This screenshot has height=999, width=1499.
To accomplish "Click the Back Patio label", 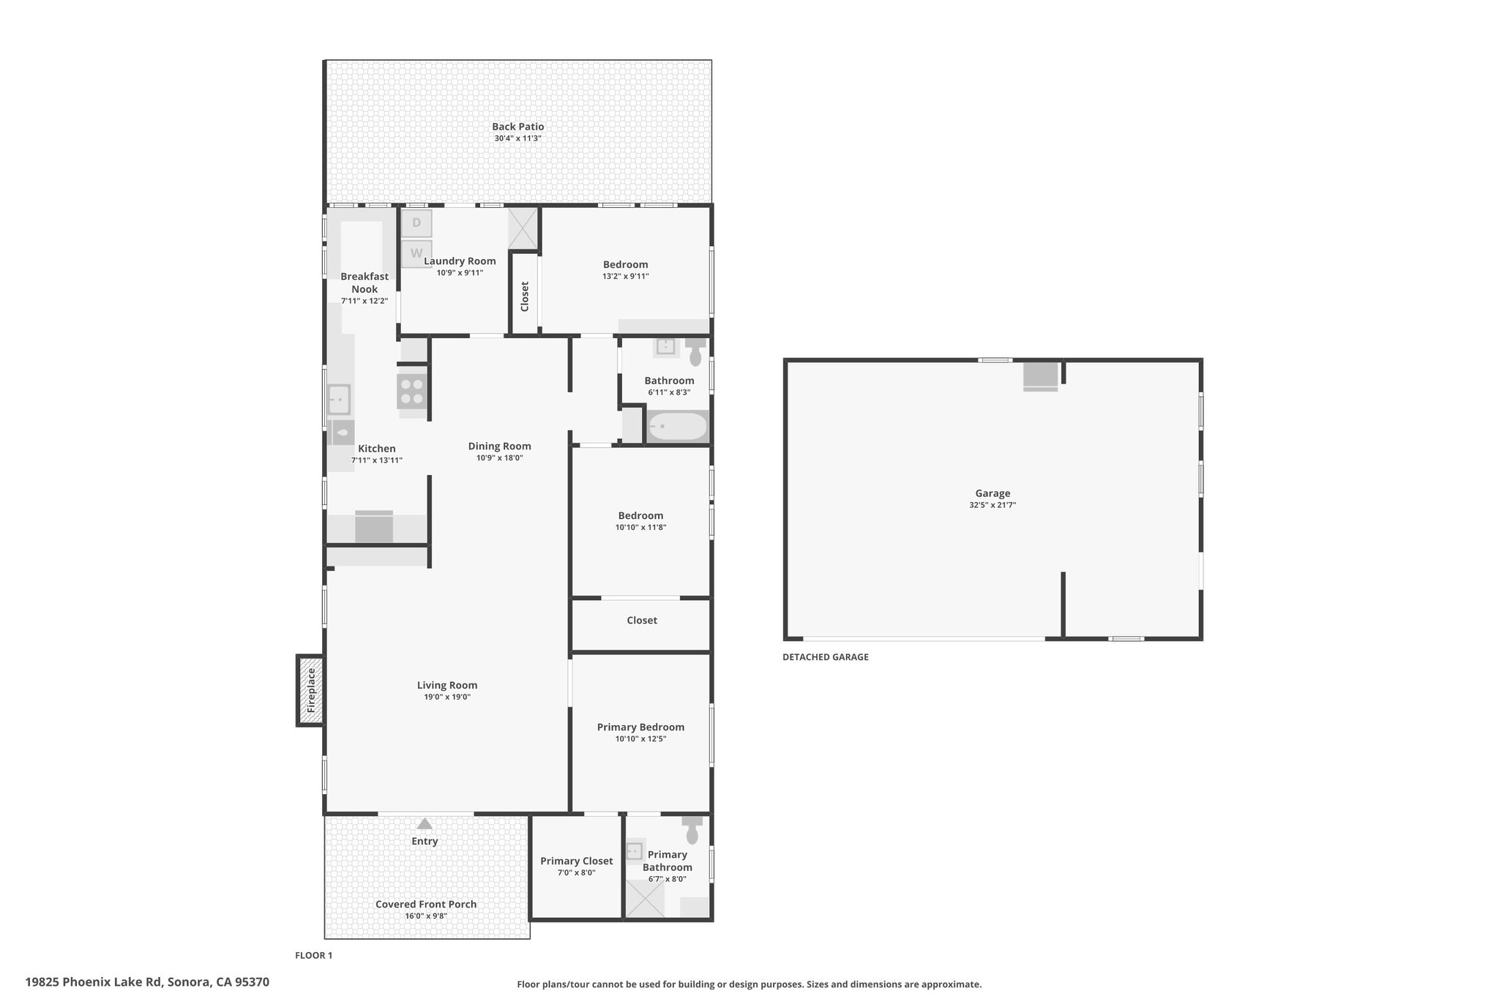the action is pos(517,127).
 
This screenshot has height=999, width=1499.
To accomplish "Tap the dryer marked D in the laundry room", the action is pos(416,223).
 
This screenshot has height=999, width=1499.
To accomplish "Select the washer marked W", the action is pos(416,253).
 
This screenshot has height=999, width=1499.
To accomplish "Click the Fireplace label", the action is pos(311,690).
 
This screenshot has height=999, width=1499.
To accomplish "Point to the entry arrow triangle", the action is pos(425,823).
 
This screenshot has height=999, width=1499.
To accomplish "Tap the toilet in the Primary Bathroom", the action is pos(692,830).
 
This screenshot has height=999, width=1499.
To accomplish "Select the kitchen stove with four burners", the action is pos(412,391).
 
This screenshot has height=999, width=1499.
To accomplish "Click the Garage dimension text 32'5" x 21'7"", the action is pos(993,505).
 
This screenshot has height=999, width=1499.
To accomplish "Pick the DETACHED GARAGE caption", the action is pos(826,657).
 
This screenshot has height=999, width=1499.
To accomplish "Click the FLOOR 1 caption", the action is pos(313,955).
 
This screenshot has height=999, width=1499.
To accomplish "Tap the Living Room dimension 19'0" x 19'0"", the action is pos(446,697).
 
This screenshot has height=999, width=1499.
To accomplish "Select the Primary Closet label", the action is pos(577,861).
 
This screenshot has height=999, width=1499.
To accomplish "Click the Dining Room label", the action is pos(500,446).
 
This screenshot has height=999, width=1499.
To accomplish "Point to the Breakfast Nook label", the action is pos(365,283).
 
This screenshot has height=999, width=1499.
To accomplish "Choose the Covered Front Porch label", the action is pos(426,904).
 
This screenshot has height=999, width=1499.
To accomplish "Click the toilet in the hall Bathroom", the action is pos(695,351).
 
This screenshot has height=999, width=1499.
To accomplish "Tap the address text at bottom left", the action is pos(147,982).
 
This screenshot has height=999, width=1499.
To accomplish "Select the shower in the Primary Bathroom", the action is pos(645,899).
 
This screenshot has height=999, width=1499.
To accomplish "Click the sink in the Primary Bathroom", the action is pos(635,851).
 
